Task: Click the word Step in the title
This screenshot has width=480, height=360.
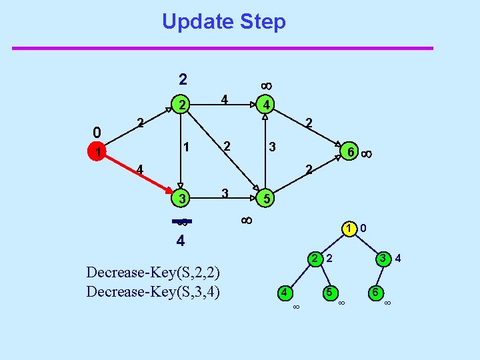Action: (x=263, y=21)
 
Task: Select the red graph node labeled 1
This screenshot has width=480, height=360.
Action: (x=98, y=153)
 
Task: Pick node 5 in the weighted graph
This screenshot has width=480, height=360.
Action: (x=265, y=199)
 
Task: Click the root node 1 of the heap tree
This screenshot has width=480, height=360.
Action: (x=348, y=229)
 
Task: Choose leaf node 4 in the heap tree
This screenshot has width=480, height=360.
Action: (x=285, y=291)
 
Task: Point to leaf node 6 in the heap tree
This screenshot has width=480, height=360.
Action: (x=376, y=291)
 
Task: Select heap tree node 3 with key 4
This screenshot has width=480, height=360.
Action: (x=383, y=258)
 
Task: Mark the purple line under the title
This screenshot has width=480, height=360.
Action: (x=223, y=48)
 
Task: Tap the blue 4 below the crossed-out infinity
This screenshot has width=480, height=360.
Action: (x=181, y=240)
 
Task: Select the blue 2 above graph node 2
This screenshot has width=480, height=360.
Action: (x=183, y=79)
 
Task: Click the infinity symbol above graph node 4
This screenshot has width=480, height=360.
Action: (x=265, y=85)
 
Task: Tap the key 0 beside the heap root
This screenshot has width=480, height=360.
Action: (x=362, y=229)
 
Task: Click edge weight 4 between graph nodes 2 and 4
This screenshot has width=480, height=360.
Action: (x=225, y=99)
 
